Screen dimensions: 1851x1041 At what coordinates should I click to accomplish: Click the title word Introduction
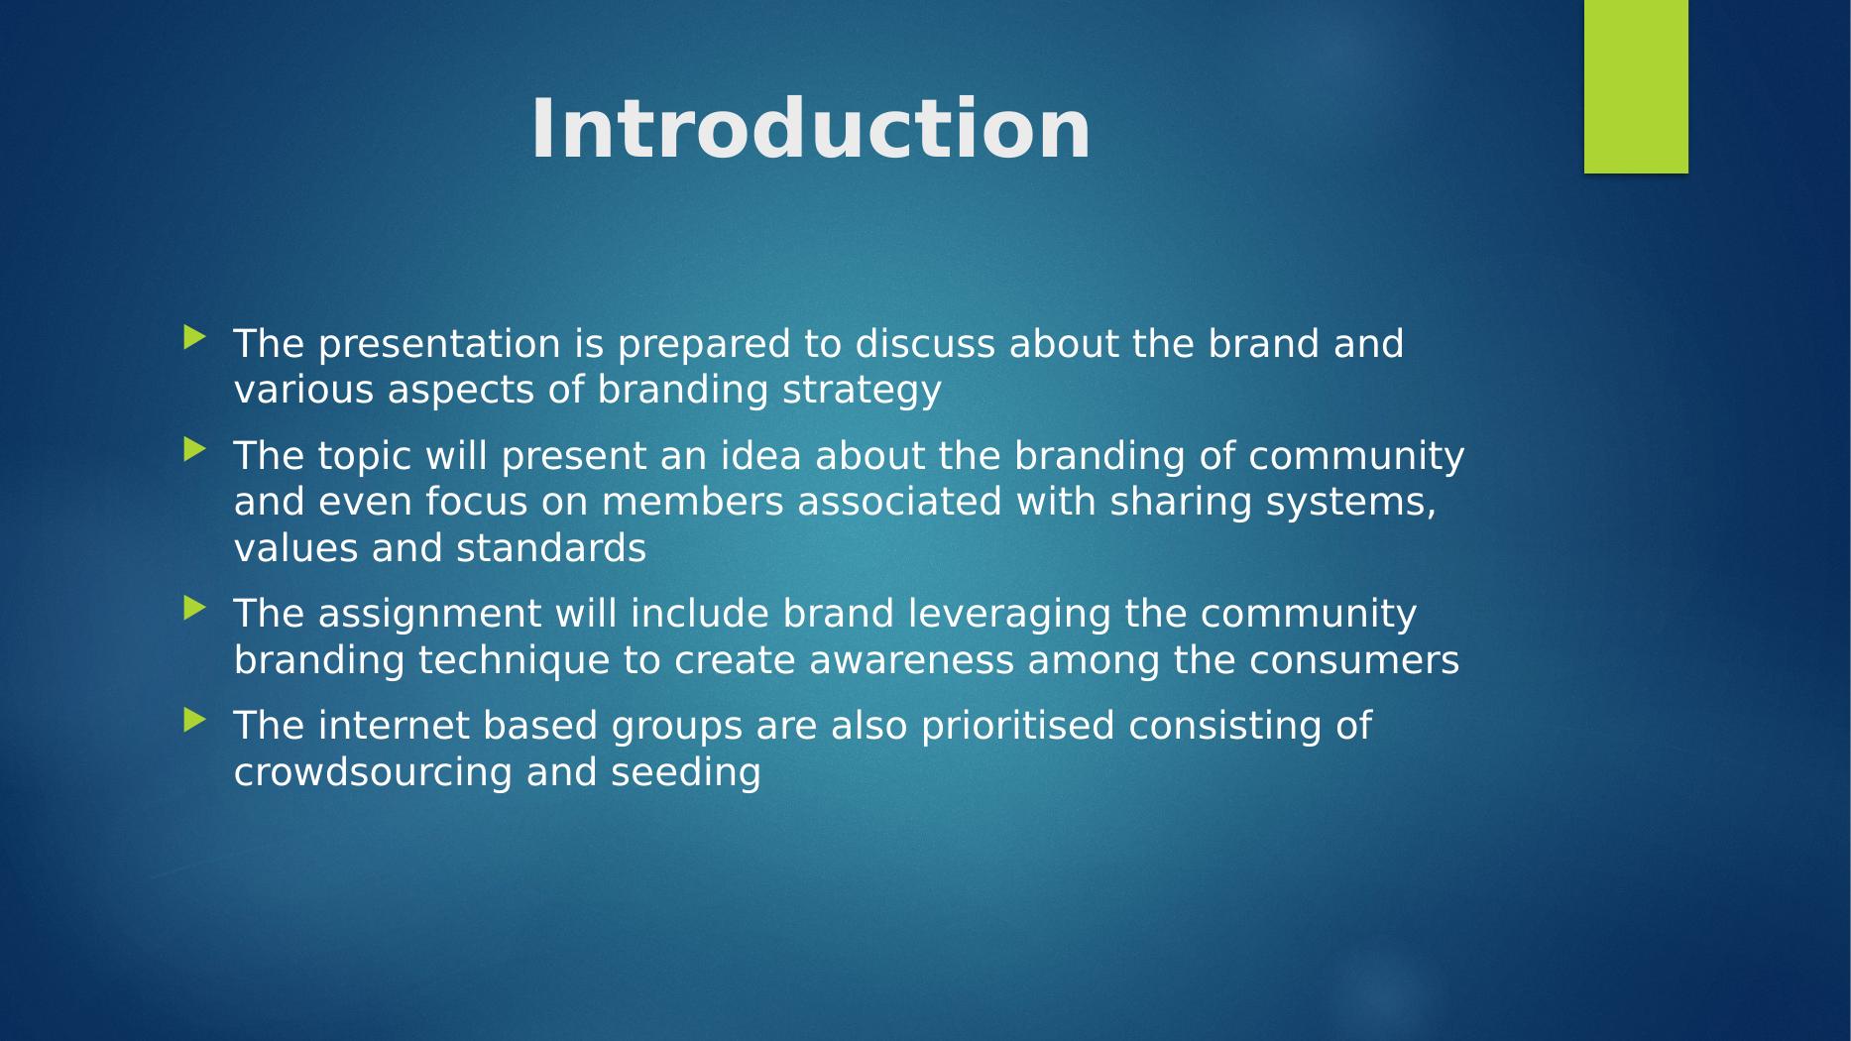[x=810, y=130]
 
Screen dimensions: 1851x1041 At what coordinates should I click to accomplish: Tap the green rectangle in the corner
[x=1636, y=86]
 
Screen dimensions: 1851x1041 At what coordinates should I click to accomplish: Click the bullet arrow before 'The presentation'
[x=194, y=338]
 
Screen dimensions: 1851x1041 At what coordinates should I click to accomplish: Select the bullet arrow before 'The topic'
[x=194, y=450]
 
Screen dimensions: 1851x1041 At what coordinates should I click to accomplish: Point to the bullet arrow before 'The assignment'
[x=194, y=608]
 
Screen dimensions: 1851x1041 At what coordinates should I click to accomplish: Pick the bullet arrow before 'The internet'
[x=194, y=720]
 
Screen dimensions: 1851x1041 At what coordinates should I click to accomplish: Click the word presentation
[x=439, y=345]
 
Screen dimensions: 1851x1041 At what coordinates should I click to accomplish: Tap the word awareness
[x=912, y=660]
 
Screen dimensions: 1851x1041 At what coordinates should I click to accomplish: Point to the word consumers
[x=1354, y=661]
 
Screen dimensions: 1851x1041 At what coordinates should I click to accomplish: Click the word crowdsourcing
[x=373, y=773]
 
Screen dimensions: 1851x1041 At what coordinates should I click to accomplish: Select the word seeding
[x=686, y=773]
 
